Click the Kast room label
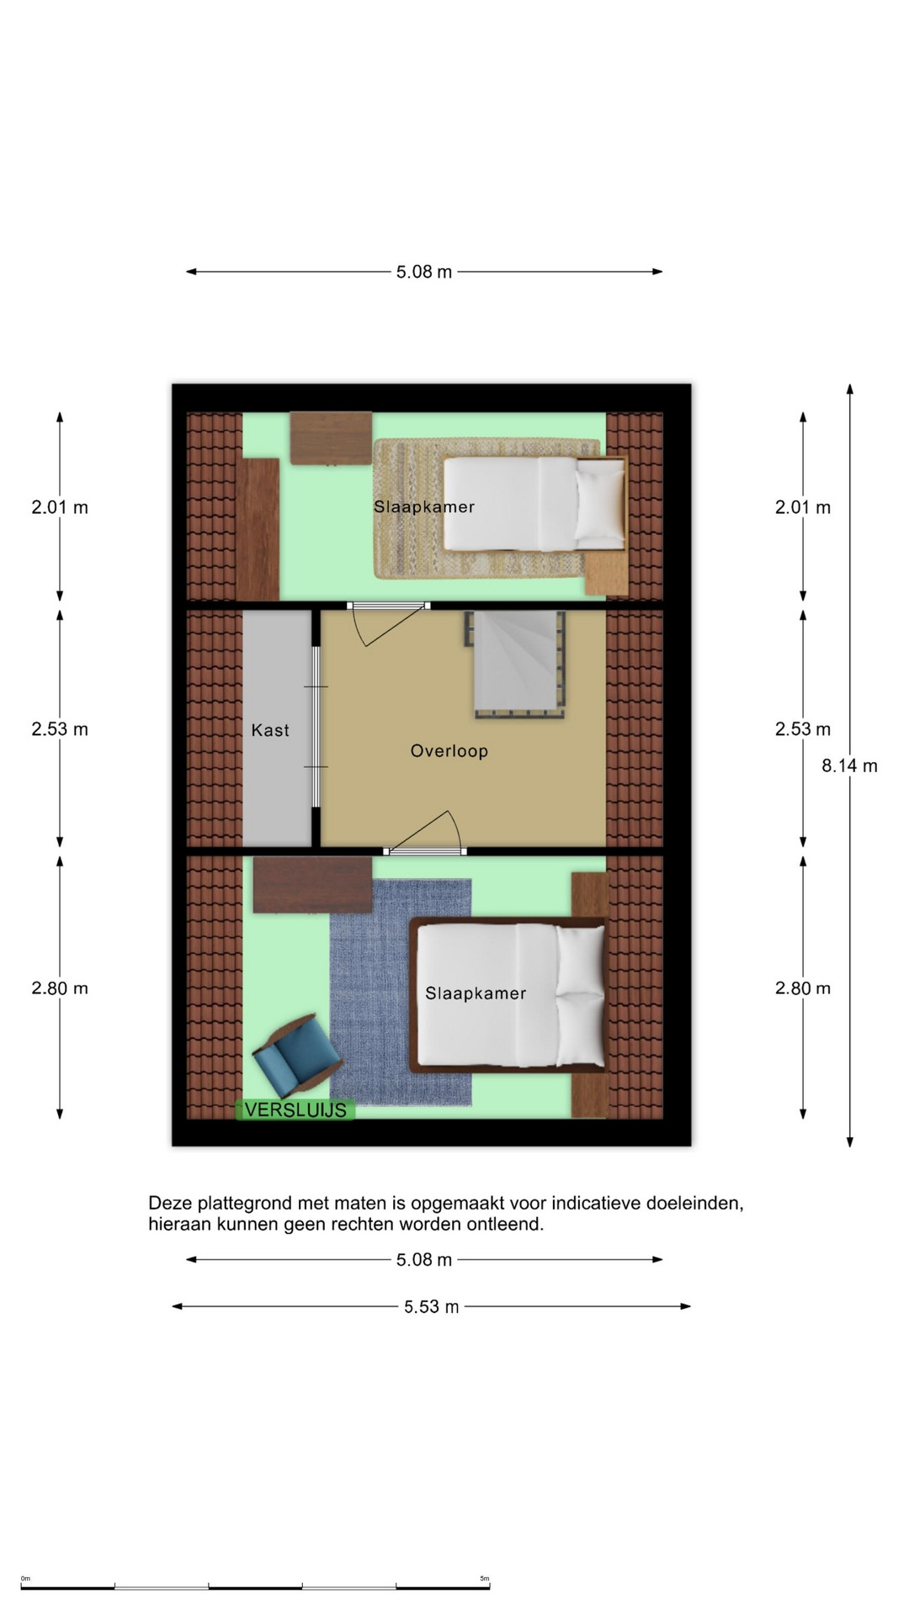point(270,730)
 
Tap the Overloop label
point(449,751)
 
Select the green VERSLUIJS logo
point(295,1110)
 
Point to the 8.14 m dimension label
point(849,765)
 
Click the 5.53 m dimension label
point(432,1306)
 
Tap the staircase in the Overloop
point(515,665)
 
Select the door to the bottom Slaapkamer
point(424,833)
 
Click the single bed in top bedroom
point(534,503)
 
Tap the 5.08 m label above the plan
point(424,272)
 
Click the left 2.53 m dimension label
point(60,729)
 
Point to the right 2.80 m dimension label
point(803,988)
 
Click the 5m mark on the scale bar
point(485,1579)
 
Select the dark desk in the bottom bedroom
point(312,885)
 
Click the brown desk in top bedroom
point(331,437)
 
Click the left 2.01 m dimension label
point(60,507)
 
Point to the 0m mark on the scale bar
point(25,1579)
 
